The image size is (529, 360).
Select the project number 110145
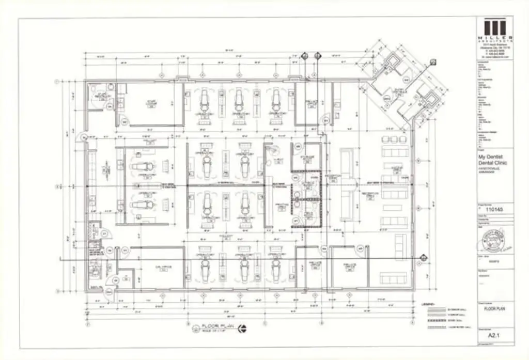pos(494,210)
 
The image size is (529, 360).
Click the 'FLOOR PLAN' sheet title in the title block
pos(493,308)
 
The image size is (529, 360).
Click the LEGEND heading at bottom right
pos(429,304)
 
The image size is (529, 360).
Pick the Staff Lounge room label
pos(152,103)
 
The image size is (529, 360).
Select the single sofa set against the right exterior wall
pos(400,242)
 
